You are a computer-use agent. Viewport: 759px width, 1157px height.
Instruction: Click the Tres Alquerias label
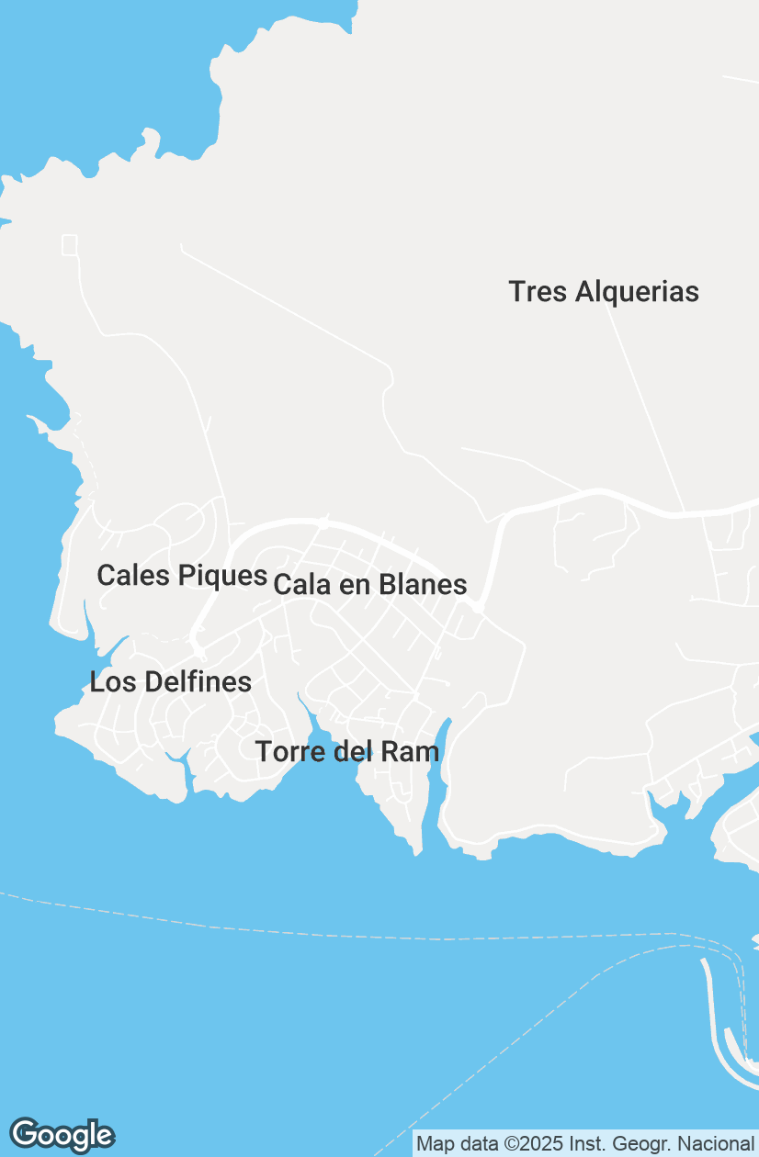(604, 292)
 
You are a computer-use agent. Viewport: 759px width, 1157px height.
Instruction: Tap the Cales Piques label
(181, 576)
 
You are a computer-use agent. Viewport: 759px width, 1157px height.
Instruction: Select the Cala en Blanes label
(370, 584)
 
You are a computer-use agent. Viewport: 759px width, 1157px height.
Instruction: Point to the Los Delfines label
(170, 681)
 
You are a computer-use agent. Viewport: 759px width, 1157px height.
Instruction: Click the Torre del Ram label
(347, 751)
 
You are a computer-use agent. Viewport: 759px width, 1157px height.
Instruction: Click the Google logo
(62, 1135)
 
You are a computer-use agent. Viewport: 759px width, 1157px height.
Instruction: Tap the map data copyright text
(584, 1144)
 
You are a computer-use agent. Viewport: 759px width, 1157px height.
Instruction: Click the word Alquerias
(637, 292)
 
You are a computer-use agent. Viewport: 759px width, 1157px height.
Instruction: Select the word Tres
(538, 292)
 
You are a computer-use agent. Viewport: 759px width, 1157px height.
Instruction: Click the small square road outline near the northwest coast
(70, 244)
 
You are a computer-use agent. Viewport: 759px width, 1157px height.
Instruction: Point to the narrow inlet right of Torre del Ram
(442, 744)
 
